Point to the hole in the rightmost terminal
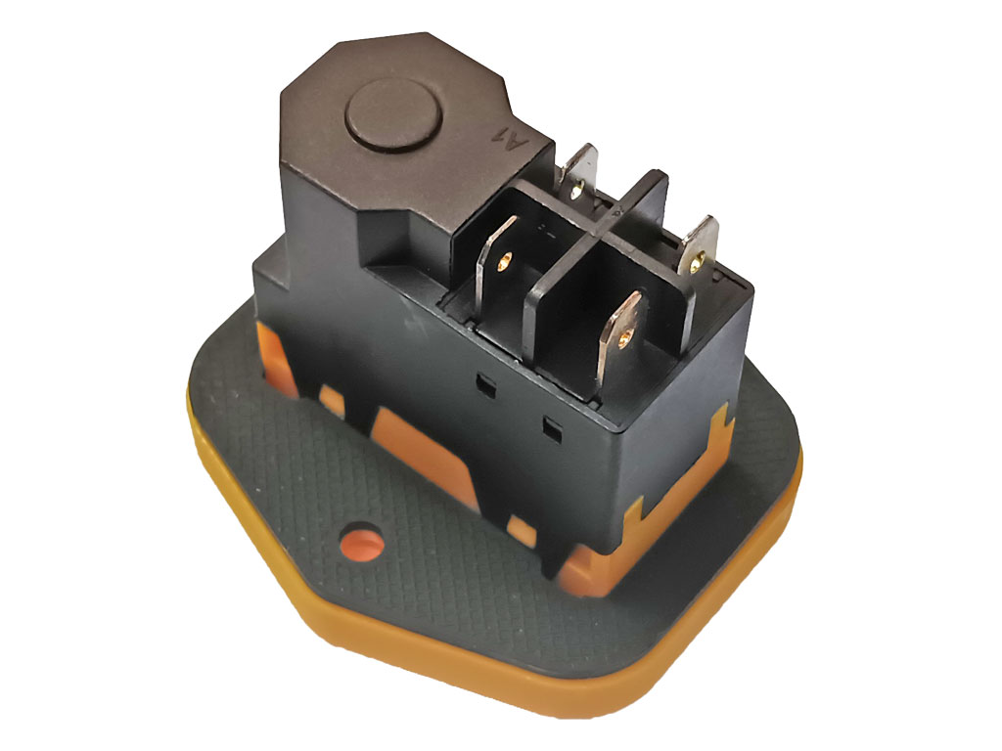tap(698, 260)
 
